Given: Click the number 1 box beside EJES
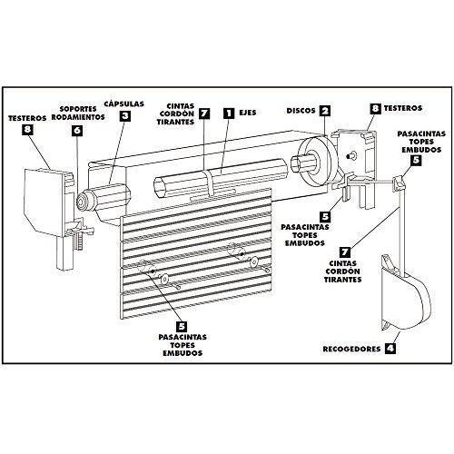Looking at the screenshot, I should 229,113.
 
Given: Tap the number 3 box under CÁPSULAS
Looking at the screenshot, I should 125,115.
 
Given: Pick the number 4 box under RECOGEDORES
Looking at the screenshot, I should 390,347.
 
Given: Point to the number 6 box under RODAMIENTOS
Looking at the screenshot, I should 78,130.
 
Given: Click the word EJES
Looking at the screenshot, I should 250,113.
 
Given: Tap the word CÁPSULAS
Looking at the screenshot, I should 125,102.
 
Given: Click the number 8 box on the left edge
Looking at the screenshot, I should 32,131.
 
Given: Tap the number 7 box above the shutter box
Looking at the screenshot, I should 204,113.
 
